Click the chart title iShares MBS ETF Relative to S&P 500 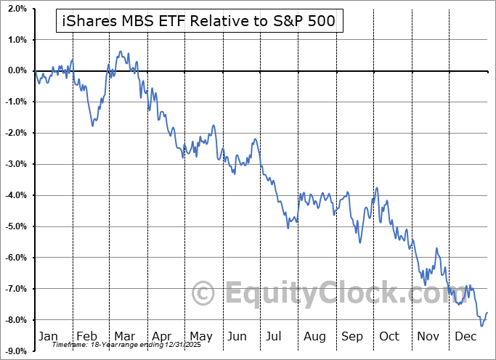pos(195,21)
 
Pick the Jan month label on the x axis pos(48,337)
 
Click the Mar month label pos(123,337)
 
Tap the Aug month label pos(314,337)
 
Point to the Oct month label pos(389,337)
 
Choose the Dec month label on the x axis pos(465,337)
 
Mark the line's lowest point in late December pos(481,325)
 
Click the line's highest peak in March pos(119,52)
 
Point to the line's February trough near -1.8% pos(92,126)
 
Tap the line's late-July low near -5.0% pos(288,228)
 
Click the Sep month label pos(352,337)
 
